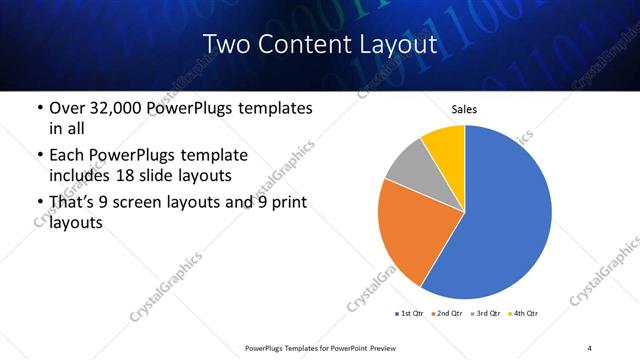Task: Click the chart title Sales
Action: [x=464, y=109]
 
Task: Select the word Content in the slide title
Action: [x=300, y=44]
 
